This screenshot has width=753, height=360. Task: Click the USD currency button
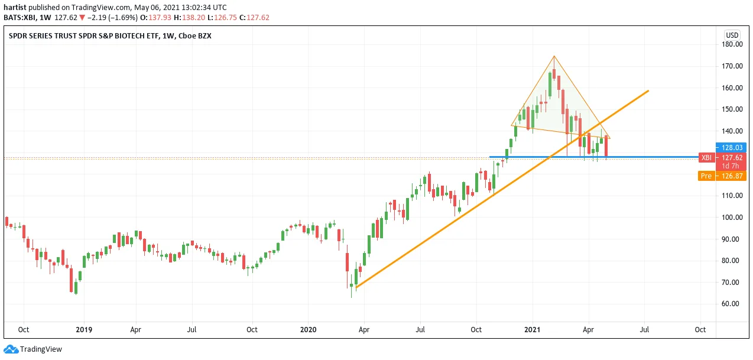point(732,35)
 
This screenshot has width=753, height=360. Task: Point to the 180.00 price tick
point(732,44)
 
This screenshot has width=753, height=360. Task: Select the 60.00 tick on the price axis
point(732,303)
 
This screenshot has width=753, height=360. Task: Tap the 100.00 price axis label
point(732,217)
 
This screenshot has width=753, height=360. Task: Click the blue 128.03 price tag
point(731,148)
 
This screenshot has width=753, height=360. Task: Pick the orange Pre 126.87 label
point(722,176)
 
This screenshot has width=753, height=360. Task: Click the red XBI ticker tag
point(707,157)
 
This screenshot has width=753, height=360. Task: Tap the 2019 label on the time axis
point(84,329)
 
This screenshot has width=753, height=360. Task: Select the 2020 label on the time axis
point(309,329)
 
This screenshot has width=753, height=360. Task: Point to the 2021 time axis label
point(532,329)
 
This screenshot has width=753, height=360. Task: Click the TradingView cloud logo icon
point(11,349)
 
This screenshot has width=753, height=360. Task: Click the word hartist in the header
point(15,7)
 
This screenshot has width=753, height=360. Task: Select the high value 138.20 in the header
point(193,18)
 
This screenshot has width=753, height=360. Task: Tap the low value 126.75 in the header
point(225,18)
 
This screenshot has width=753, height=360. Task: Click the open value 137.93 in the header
point(160,18)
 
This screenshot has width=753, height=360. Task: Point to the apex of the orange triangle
point(554,56)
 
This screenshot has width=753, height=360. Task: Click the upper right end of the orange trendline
point(648,90)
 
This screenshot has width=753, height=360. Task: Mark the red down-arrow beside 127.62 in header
point(82,18)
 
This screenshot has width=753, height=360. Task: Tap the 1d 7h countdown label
point(731,166)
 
